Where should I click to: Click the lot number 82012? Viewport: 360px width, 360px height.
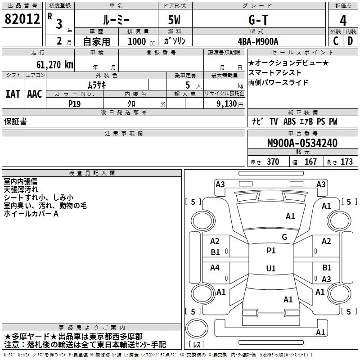[x=22, y=20]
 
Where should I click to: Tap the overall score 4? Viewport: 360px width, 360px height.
[x=343, y=20]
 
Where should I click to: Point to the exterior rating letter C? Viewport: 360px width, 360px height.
[x=335, y=40]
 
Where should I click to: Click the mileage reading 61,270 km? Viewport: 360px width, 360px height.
[x=49, y=65]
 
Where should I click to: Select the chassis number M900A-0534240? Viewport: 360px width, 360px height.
[x=302, y=144]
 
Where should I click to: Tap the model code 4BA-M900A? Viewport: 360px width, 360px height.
[x=258, y=41]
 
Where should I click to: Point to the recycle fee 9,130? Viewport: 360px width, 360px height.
[x=226, y=103]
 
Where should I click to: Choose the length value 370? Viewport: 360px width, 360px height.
[x=273, y=162]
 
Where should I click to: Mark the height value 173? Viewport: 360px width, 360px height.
[x=346, y=162]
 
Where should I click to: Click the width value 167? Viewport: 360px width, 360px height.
[x=310, y=162]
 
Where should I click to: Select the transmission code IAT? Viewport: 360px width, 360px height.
[x=13, y=94]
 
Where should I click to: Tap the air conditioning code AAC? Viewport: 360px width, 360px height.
[x=35, y=94]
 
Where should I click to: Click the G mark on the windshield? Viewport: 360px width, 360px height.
[x=284, y=237]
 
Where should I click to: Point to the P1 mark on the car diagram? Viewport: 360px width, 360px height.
[x=271, y=251]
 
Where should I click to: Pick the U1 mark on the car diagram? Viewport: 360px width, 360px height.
[x=271, y=269]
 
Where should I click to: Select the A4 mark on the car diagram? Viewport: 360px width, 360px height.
[x=215, y=268]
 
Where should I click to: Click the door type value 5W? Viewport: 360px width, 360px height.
[x=175, y=20]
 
